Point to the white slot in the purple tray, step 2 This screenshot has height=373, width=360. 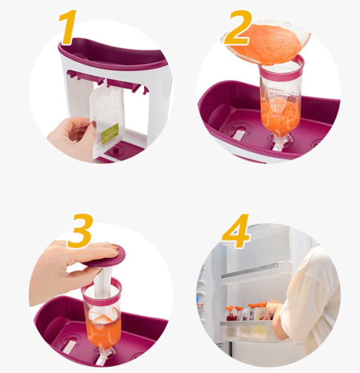pyautogui.click(x=238, y=134)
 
